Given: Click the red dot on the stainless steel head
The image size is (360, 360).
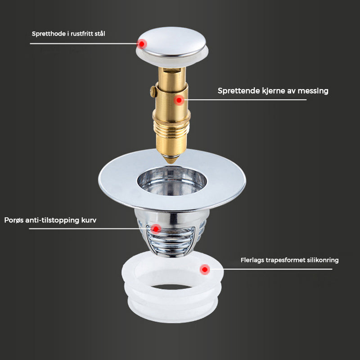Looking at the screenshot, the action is (142, 44).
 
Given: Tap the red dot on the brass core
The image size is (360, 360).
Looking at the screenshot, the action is (179, 100).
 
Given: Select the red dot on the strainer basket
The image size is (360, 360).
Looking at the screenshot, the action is (156, 229).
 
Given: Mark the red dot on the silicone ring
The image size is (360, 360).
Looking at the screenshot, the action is (205, 269).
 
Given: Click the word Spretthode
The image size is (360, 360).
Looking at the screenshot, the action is (49, 34).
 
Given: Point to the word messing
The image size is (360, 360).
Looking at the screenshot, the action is (313, 91).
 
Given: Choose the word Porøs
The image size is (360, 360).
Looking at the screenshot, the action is (14, 220).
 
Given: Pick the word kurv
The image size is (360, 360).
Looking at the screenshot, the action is (89, 220).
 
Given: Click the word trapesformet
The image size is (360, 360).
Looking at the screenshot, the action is (286, 260).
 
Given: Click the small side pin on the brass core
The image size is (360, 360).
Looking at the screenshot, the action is (153, 91).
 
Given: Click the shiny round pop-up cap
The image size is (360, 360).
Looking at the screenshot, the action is (171, 42).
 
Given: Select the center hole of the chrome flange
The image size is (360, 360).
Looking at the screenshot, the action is (172, 181).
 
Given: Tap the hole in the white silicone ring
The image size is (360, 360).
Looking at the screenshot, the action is (171, 287).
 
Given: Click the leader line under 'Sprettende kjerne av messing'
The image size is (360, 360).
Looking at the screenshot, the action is (245, 100).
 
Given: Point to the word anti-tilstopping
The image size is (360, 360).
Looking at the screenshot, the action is (53, 220).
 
